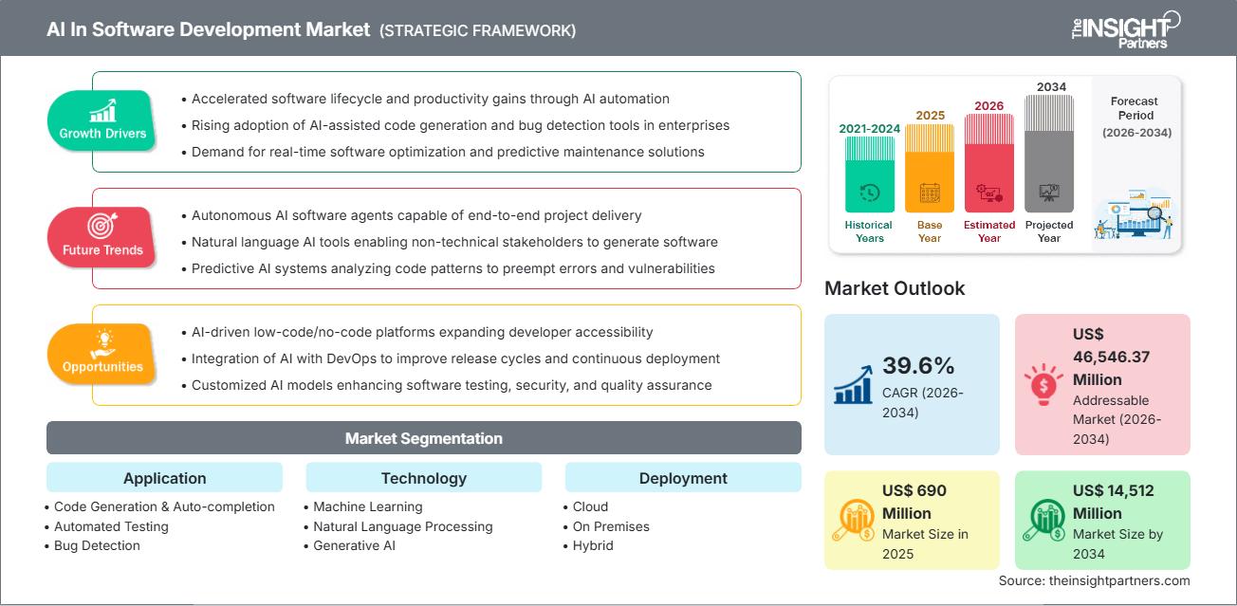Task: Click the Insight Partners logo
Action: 1124,29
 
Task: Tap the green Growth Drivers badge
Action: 102,120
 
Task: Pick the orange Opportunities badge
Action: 102,354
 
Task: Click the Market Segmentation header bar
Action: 423,438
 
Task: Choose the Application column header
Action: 164,478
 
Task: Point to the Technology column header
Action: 423,478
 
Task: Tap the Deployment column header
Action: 683,478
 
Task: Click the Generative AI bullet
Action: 354,545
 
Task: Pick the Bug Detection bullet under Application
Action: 97,545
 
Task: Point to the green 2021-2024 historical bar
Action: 869,175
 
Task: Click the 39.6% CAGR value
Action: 918,366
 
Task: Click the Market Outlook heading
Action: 895,288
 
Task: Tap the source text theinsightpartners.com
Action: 1094,580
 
